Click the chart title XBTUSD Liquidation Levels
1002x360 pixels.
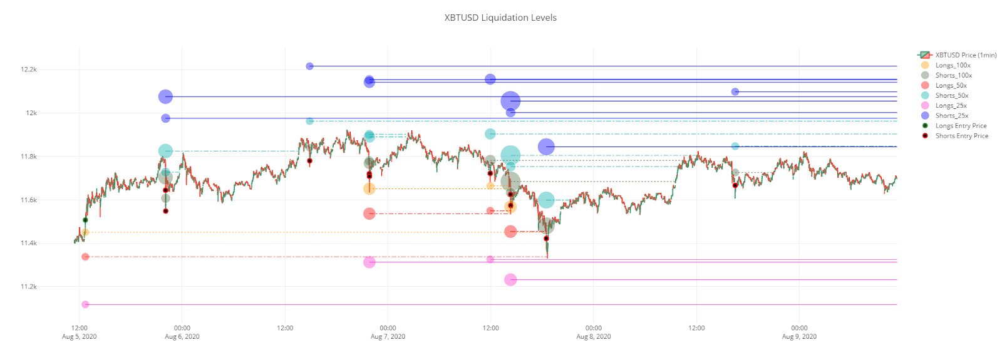point(500,18)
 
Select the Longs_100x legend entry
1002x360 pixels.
point(953,65)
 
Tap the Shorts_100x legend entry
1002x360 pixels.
point(953,75)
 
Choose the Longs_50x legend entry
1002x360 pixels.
point(951,85)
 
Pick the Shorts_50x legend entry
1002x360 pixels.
point(951,95)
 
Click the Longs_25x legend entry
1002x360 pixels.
point(951,105)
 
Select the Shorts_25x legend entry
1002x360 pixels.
point(951,115)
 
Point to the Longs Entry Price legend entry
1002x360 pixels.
point(961,126)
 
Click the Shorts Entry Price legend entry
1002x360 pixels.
point(961,136)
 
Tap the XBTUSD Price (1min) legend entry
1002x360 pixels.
point(966,55)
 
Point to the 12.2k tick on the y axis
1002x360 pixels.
point(28,69)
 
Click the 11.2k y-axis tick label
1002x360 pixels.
point(28,287)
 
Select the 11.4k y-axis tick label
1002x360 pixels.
point(28,243)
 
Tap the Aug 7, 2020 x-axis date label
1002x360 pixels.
point(388,336)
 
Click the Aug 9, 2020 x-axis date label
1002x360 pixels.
point(799,336)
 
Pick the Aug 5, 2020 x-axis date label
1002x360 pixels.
point(80,336)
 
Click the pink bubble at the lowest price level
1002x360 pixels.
point(85,304)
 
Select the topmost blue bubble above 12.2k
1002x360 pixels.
point(309,66)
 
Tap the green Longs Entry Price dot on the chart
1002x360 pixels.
point(85,220)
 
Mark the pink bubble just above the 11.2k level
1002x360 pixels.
point(510,279)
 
